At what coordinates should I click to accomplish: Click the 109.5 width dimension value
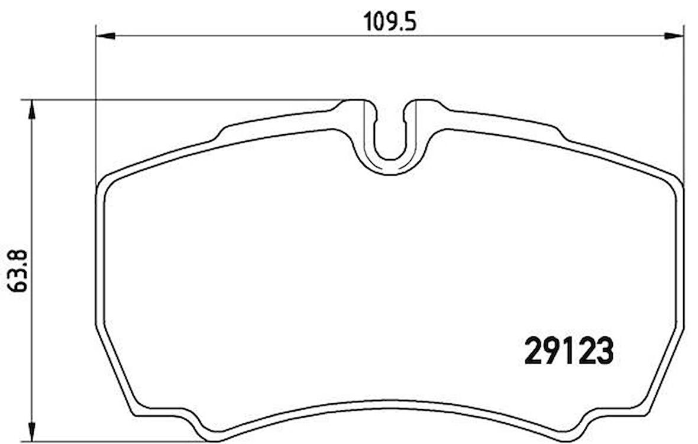[x=389, y=22]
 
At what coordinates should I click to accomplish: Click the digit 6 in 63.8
[x=17, y=287]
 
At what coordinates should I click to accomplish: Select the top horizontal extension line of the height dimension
[x=177, y=99]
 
